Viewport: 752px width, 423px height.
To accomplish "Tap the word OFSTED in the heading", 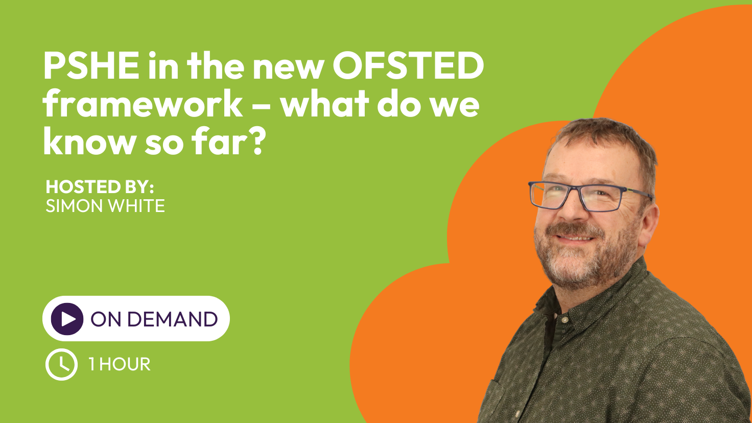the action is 408,65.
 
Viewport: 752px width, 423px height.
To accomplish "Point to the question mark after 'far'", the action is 257,141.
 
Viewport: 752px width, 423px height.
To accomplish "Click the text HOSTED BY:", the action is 100,187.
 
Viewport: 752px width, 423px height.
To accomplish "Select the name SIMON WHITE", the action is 105,206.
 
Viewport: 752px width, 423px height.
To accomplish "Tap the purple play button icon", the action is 67,319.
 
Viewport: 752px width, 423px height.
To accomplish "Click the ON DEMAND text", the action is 154,319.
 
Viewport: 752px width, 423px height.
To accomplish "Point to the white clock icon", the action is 61,364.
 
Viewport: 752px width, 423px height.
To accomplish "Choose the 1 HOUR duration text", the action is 120,364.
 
